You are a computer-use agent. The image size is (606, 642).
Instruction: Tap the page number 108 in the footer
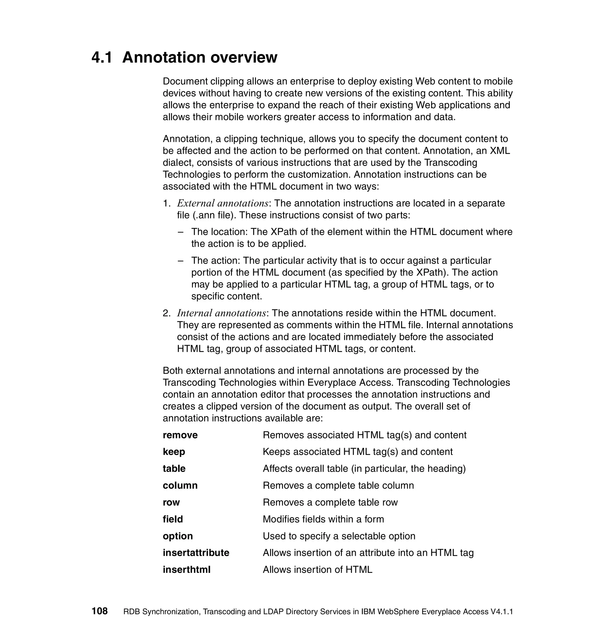coord(99,611)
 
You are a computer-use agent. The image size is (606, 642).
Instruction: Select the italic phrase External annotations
coord(223,203)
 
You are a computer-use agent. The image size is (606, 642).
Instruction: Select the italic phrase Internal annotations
coord(221,313)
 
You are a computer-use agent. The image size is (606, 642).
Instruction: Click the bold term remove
coord(180,435)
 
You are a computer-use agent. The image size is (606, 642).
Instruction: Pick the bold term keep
coord(174,452)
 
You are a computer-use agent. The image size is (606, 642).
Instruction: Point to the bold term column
coord(180,485)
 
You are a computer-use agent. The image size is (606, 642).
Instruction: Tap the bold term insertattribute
coord(196,552)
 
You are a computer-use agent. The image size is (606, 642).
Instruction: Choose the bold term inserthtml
coord(186,569)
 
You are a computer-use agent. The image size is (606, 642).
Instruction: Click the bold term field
coord(173,519)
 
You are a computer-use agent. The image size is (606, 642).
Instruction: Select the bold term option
coord(178,536)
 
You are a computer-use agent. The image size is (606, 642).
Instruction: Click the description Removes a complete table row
coord(330,502)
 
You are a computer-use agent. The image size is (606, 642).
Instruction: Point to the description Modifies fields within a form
coord(323,519)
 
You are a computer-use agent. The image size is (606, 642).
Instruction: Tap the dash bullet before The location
coord(181,232)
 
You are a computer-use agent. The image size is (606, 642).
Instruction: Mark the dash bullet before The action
coord(181,261)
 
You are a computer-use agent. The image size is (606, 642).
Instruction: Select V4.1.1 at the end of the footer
coord(502,612)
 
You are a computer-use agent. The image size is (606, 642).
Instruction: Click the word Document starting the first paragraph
coord(185,81)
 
